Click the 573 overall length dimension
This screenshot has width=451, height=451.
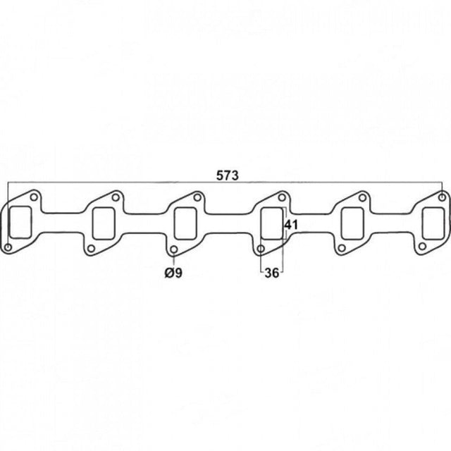tap(227, 175)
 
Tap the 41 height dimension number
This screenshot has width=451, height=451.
tap(291, 225)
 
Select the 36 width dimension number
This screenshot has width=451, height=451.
tap(272, 273)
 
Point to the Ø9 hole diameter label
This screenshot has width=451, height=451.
tap(173, 273)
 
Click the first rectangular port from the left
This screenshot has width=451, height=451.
tap(20, 223)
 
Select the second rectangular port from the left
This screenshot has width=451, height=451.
tap(104, 223)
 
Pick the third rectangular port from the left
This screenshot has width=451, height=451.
tap(186, 223)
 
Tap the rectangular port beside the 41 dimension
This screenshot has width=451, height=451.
tap(272, 223)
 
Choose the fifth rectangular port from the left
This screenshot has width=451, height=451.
tap(352, 223)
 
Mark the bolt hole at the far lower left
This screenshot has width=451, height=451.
tap(8, 247)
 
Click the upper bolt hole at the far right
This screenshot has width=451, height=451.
tap(443, 197)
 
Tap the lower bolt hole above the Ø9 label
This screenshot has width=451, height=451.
tap(174, 249)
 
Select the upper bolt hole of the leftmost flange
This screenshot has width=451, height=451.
tap(34, 197)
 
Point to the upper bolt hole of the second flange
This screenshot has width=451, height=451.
tap(116, 197)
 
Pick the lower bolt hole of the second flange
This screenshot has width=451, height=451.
tap(91, 248)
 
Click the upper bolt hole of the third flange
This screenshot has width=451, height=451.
tap(197, 197)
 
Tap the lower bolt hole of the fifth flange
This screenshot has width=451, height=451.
tap(342, 248)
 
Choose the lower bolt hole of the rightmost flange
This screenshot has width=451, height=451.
tap(422, 246)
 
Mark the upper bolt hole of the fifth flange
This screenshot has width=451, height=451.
tap(363, 197)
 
